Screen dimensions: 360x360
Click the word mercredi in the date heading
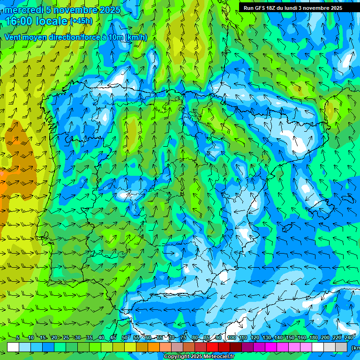click(x=23, y=10)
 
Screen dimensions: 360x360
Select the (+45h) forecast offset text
click(x=81, y=21)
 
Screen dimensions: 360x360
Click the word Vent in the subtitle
click(x=14, y=37)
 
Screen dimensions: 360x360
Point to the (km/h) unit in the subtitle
click(x=136, y=37)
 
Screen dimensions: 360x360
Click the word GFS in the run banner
click(x=262, y=8)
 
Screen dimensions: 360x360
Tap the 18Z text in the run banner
click(x=274, y=8)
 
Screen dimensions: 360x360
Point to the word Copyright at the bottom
click(x=177, y=357)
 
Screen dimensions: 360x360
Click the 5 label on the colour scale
click(x=18, y=337)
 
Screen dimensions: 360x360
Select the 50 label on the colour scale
click(x=124, y=337)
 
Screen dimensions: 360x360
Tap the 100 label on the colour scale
click(x=232, y=337)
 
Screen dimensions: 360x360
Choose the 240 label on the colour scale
click(x=349, y=337)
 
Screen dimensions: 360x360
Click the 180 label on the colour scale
click(x=314, y=337)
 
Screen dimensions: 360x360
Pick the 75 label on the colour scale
click(x=183, y=337)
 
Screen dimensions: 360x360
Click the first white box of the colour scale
click(x=13, y=347)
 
